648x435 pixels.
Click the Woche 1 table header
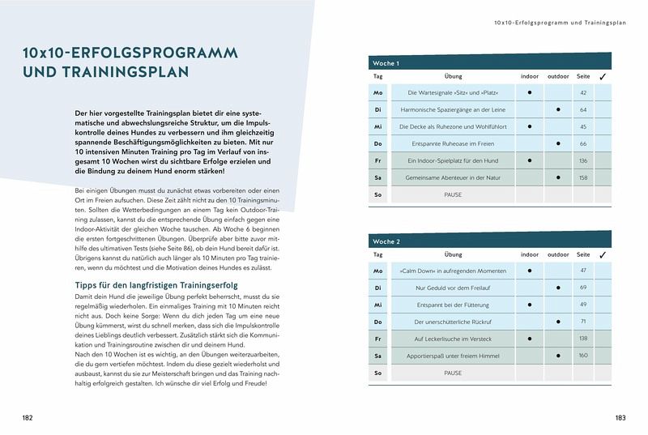[386, 63]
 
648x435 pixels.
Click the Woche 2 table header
[386, 241]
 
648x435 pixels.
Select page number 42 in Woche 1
[582, 93]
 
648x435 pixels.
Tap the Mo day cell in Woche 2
[377, 271]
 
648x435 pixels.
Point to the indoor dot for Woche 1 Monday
[529, 92]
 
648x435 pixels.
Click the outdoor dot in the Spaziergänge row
[558, 109]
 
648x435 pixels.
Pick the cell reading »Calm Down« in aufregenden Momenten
[453, 271]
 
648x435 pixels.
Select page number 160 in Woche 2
[583, 356]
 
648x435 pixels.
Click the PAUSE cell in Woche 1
[453, 195]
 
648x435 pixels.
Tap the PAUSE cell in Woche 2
[453, 373]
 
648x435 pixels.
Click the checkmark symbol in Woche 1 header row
[602, 76]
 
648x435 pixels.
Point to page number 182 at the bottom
[28, 417]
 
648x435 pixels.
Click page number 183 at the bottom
[620, 417]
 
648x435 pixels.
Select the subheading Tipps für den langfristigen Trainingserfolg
[155, 285]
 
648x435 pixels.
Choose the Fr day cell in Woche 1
[377, 160]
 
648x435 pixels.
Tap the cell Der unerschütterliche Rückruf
[453, 322]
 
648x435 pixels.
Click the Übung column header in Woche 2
[453, 254]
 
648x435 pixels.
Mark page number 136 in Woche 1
[583, 160]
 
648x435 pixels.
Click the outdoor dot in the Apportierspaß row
[558, 356]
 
